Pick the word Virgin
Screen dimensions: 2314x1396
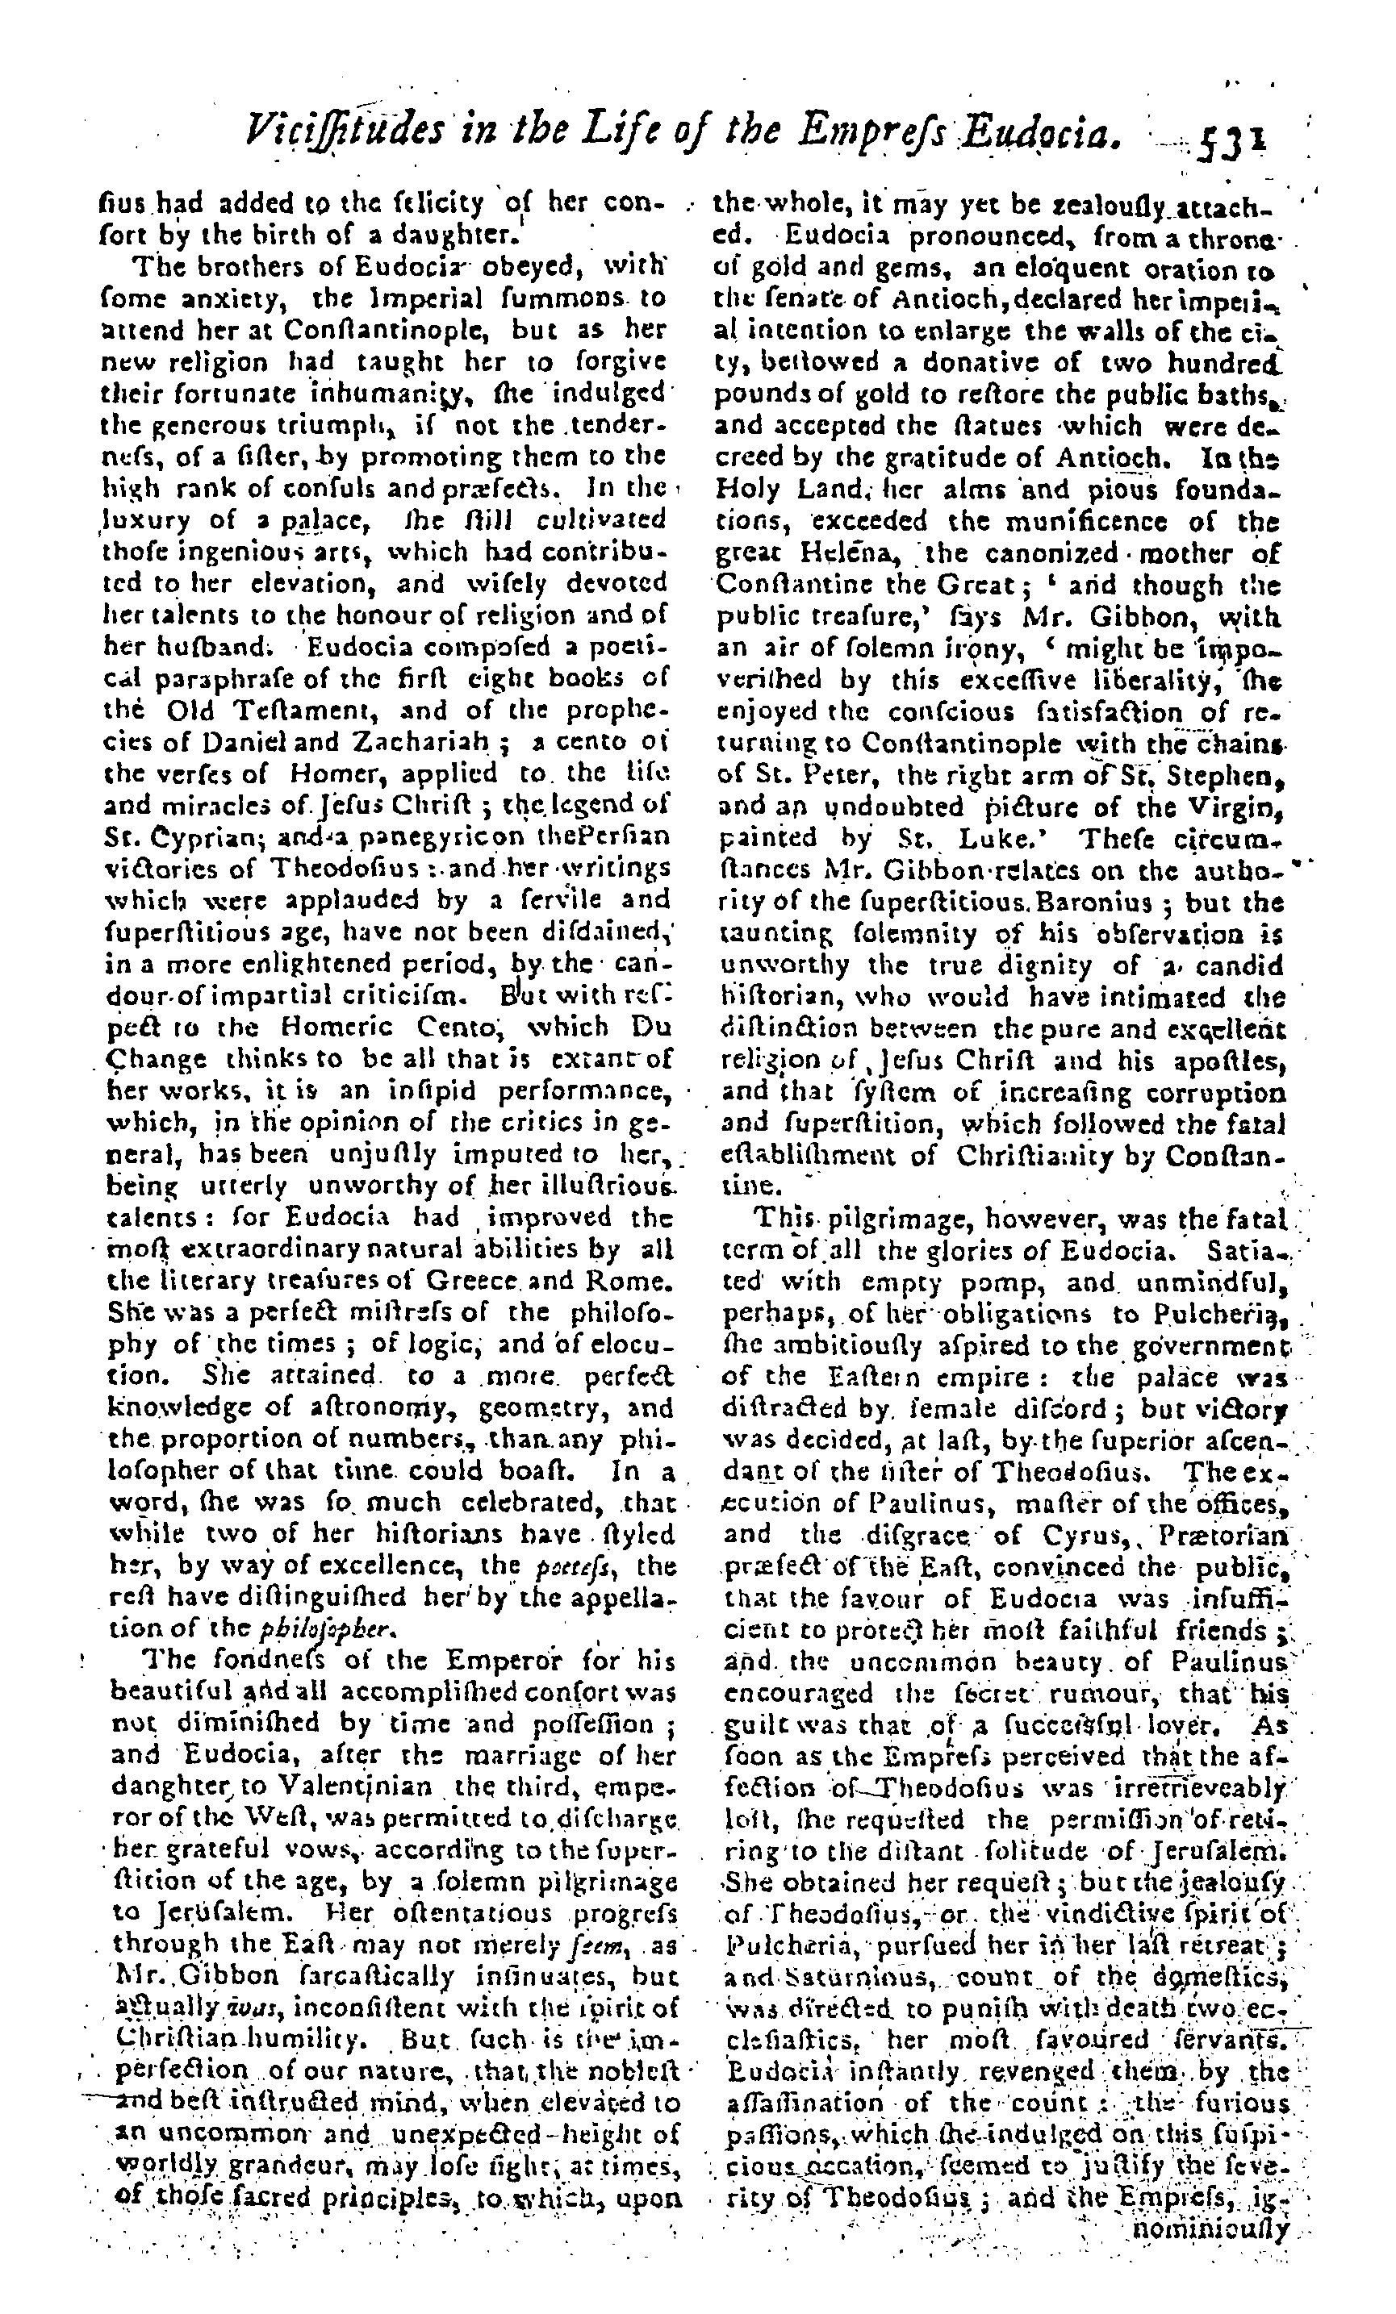click(1235, 807)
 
